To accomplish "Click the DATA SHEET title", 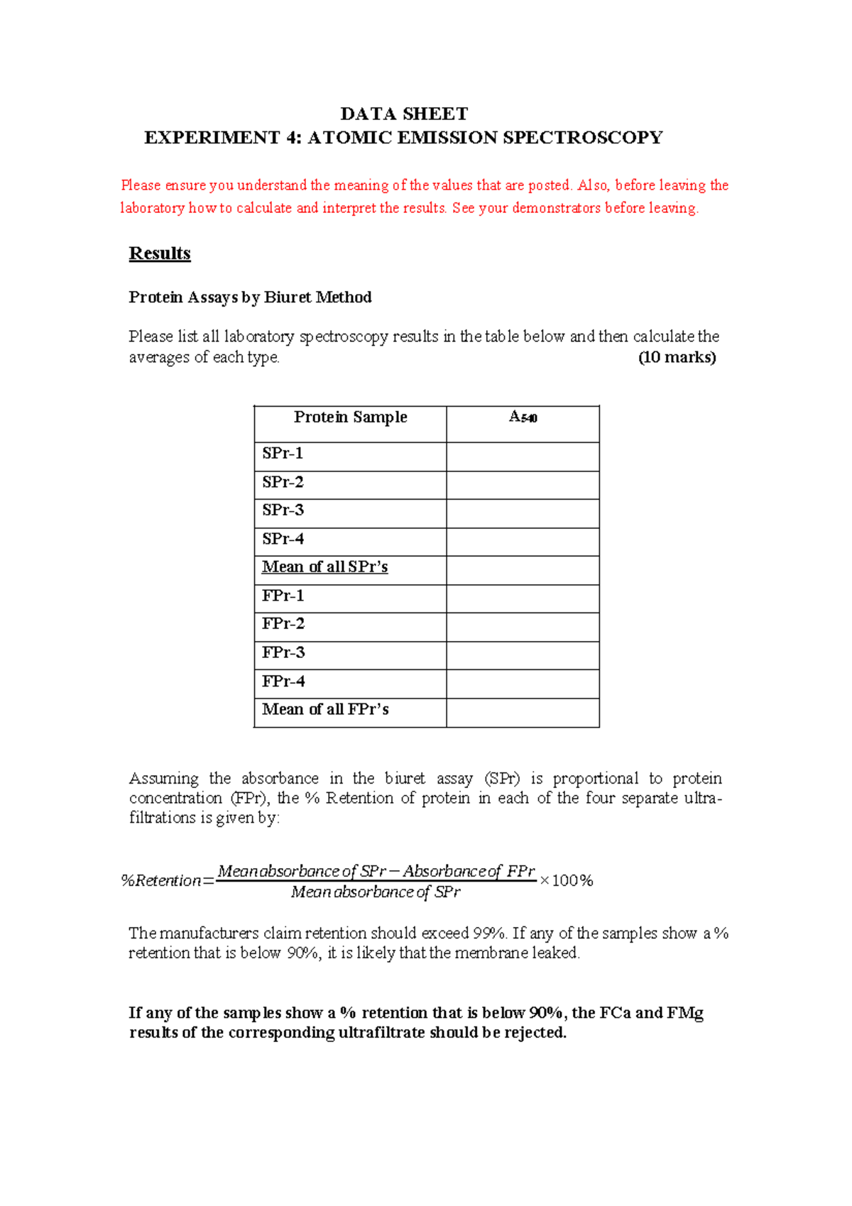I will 404,114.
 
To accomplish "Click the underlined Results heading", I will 160,253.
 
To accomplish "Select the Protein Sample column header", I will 350,417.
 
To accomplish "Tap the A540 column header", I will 523,417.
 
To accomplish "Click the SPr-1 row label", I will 283,454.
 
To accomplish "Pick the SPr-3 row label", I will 283,510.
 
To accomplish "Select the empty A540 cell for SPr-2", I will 523,485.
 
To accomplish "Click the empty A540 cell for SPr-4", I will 523,542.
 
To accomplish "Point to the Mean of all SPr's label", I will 324,567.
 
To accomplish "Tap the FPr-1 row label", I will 283,596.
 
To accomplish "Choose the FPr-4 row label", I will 283,681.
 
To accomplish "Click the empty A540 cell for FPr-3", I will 523,655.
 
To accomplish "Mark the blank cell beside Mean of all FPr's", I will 523,712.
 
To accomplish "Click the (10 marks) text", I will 677,358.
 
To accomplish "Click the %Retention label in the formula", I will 161,881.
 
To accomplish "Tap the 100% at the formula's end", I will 572,881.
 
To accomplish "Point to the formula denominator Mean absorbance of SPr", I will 376,892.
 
